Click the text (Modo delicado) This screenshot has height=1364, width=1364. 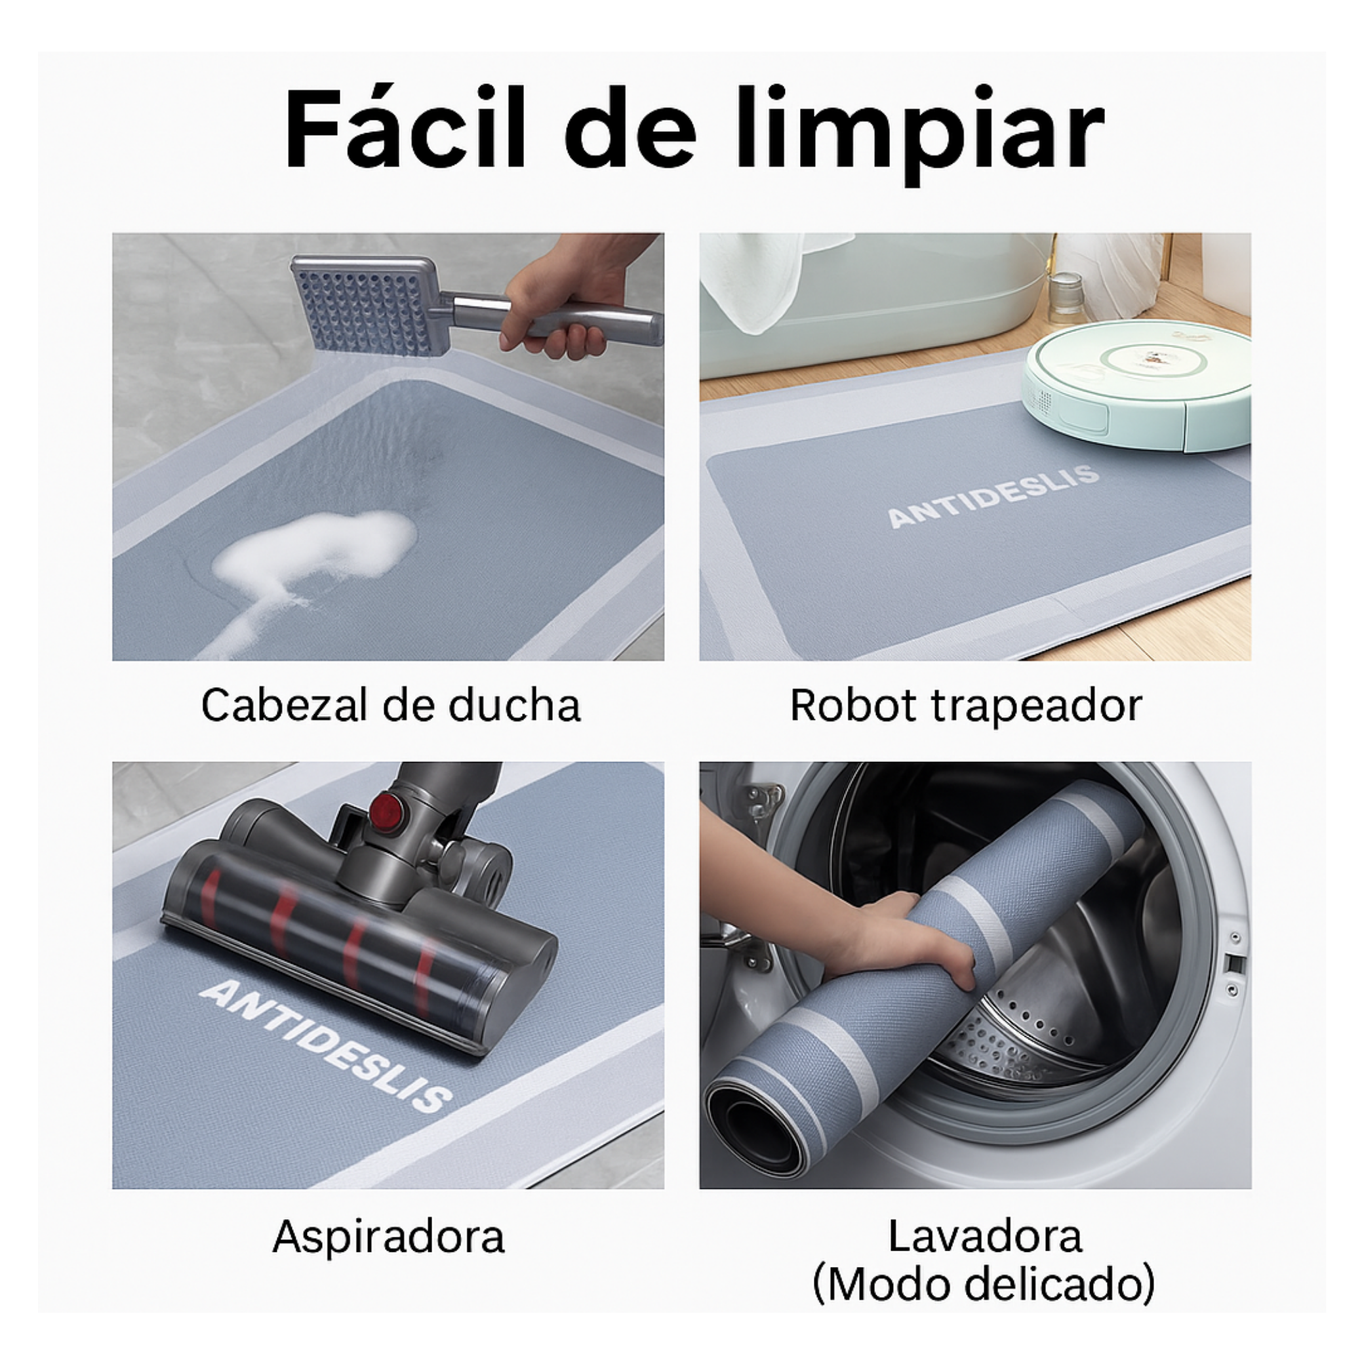[x=984, y=1284]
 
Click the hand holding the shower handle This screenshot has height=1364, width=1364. [x=565, y=296]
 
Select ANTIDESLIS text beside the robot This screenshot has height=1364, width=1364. [x=993, y=496]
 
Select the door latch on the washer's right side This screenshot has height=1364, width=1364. [x=1233, y=963]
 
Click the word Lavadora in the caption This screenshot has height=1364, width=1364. [x=984, y=1236]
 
